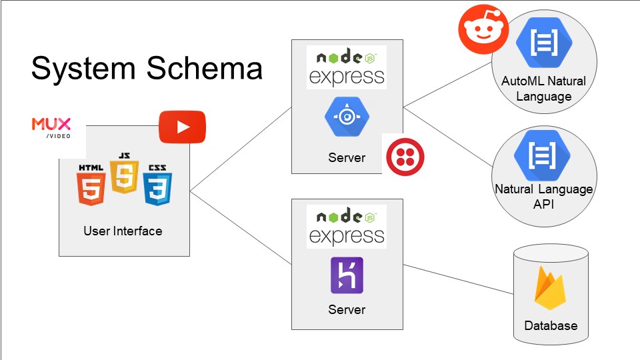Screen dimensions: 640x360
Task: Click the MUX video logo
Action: (x=51, y=128)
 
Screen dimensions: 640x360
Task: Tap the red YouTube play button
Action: (x=182, y=127)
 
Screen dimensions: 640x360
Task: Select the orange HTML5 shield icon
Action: (x=91, y=185)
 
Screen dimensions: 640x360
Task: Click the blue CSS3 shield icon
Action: (x=157, y=185)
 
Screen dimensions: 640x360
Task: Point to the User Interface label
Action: (x=123, y=231)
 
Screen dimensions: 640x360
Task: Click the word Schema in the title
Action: (x=204, y=68)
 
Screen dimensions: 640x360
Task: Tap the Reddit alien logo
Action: (x=483, y=29)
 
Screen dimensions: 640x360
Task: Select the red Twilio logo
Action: (x=405, y=157)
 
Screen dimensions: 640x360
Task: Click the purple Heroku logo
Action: (x=347, y=275)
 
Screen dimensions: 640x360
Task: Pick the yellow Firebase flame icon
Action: (x=550, y=288)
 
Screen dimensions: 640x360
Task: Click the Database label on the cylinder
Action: (x=551, y=326)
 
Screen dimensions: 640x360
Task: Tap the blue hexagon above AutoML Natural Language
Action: (x=544, y=43)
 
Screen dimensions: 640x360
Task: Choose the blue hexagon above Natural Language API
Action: (x=541, y=155)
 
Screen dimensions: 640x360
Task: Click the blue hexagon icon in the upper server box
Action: (x=347, y=117)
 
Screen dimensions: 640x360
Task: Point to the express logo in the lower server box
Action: (x=347, y=227)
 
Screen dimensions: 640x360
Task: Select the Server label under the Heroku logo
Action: (x=347, y=309)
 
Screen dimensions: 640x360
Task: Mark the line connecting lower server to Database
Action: (x=459, y=279)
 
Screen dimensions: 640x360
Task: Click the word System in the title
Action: (x=83, y=69)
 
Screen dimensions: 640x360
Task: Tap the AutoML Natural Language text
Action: (x=544, y=89)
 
